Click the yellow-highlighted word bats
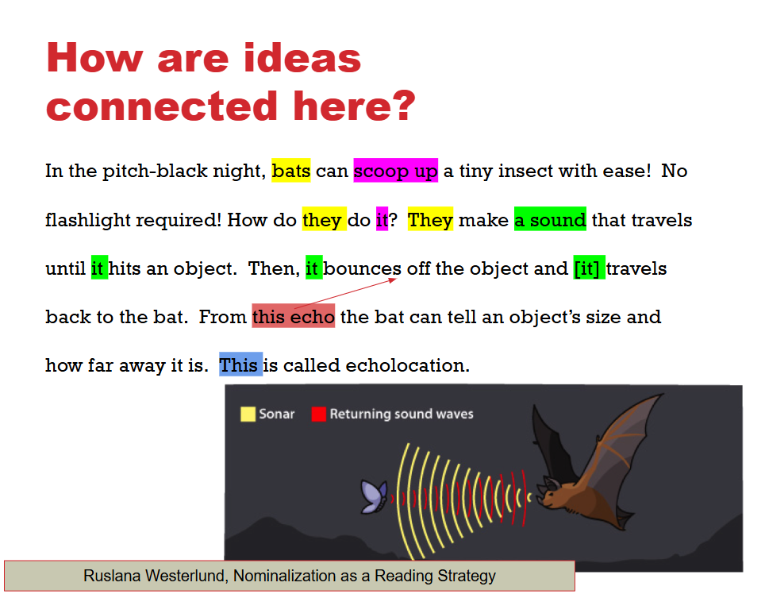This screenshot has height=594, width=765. coord(290,171)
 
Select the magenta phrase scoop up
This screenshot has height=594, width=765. coord(395,171)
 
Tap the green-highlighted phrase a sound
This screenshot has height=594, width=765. coord(550,219)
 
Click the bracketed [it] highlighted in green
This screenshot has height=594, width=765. coord(589,268)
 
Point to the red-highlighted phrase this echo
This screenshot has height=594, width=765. coord(294,317)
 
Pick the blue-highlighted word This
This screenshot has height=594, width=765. coord(239,365)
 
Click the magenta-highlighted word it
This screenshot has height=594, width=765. coord(382,220)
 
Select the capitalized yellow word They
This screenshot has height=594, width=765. coord(430,219)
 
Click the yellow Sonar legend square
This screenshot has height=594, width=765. coord(248,414)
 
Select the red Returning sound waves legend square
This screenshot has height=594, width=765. coord(318,414)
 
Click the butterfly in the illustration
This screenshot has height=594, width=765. coord(373,496)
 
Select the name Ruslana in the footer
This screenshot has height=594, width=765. coord(114,577)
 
